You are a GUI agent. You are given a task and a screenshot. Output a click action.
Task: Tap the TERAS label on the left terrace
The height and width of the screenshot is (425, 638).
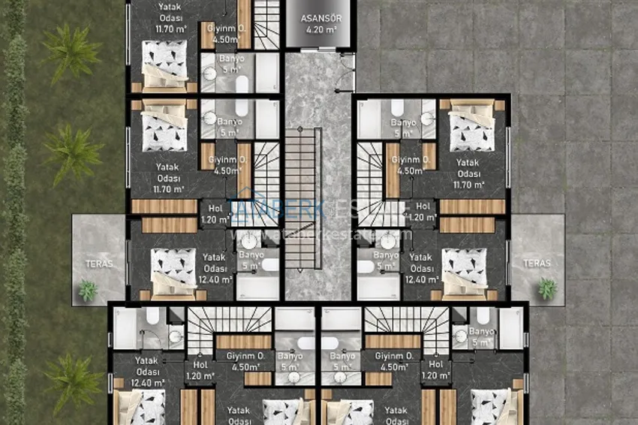tap(98, 264)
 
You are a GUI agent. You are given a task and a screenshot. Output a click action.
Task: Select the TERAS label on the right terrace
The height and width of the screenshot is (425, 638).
tap(537, 264)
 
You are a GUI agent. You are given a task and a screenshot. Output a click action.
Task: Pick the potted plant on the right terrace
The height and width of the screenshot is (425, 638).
tap(547, 288)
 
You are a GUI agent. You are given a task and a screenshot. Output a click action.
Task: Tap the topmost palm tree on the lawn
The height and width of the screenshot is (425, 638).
tap(71, 53)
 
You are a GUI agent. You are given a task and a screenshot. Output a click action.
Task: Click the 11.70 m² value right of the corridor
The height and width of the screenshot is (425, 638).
tap(469, 183)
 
